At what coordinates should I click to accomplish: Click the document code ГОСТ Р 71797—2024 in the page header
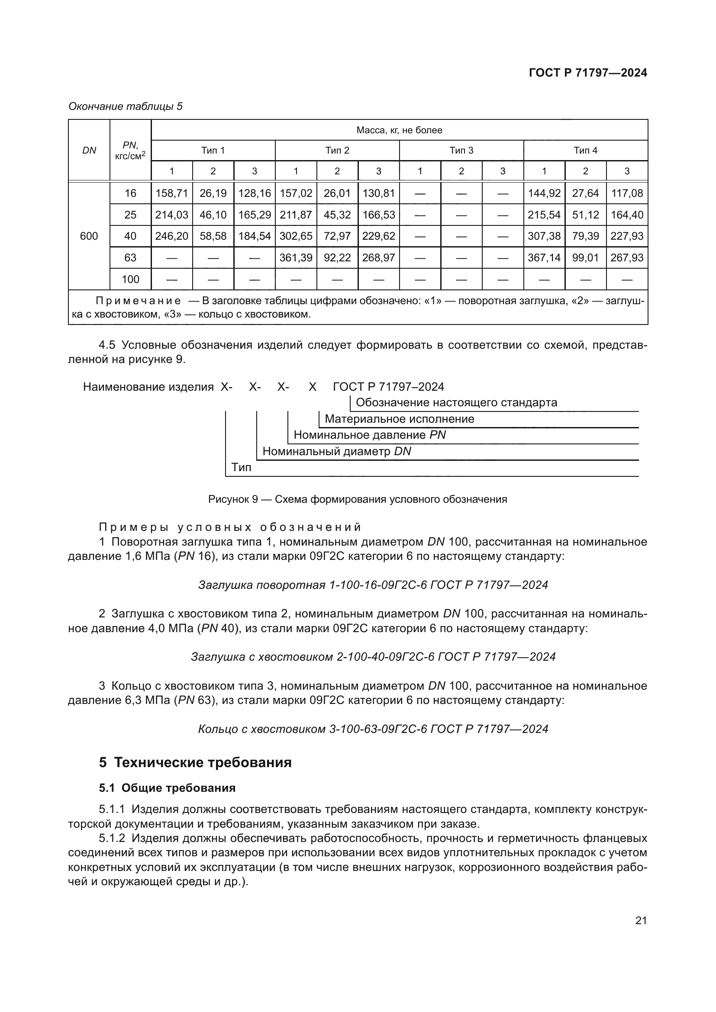[x=588, y=73]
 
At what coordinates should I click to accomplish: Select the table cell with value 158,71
[x=171, y=193]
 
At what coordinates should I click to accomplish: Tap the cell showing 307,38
[x=544, y=236]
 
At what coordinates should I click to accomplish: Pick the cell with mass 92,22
[x=337, y=257]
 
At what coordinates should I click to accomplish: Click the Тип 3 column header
[x=461, y=150]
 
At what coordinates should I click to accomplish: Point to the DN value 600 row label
[x=89, y=236]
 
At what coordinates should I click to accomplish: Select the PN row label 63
[x=130, y=257]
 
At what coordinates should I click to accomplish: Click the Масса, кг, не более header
[x=399, y=130]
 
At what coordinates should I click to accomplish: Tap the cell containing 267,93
[x=626, y=257]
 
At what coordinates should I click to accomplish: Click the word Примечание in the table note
[x=138, y=301]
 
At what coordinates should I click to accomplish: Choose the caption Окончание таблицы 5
[x=125, y=106]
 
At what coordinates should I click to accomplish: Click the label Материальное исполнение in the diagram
[x=399, y=419]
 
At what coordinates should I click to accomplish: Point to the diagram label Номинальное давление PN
[x=369, y=435]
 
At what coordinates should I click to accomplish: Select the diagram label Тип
[x=241, y=467]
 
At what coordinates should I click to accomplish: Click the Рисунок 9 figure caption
[x=358, y=499]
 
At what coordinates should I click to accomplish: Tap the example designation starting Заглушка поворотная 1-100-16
[x=373, y=585]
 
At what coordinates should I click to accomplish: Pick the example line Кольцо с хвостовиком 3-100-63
[x=373, y=729]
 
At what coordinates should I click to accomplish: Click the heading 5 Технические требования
[x=195, y=762]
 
